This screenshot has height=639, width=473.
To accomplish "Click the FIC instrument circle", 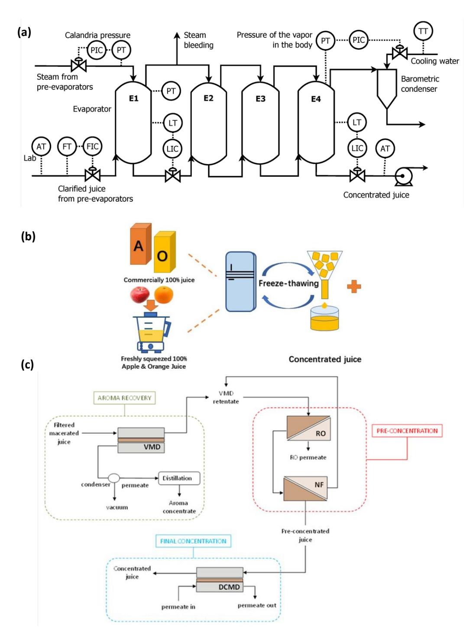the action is pos(93,146).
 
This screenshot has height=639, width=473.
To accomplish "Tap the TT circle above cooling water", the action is pos(423,31).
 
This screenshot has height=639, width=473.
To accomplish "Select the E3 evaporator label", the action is pos(260,99).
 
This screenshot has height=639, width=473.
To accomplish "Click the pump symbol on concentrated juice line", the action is pos(403,176).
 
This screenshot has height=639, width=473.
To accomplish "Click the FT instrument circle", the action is pos(67,146).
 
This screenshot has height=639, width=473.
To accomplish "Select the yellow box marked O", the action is pos(165,252).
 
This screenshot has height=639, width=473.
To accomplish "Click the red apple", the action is pos(140,295).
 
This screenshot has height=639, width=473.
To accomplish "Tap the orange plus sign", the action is pos(354,287).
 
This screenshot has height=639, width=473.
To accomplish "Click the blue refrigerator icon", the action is pos(240,281).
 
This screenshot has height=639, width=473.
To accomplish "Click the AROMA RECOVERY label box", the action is pos(124,398).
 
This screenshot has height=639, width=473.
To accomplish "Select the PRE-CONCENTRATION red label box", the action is pos(407,431).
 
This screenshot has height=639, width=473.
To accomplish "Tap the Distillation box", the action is pos(179,478).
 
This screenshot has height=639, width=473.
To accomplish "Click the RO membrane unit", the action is pos(308,428).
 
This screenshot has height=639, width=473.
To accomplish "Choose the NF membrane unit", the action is pos(305,489).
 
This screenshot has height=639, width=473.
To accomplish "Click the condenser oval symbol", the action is pos(114,478).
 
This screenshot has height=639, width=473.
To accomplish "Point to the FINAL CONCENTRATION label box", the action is pos(193,541).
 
